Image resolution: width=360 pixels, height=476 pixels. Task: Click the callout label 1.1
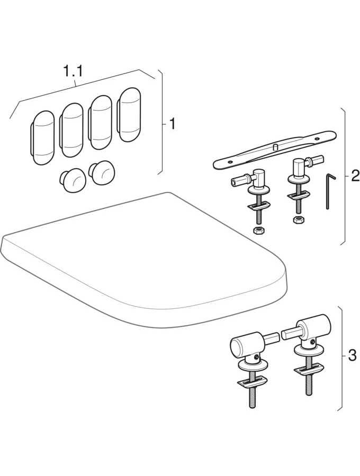(73, 71)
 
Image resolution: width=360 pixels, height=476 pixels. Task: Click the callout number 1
(172, 124)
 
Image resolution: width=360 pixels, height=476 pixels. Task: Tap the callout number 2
(355, 176)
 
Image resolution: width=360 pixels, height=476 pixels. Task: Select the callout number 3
(352, 355)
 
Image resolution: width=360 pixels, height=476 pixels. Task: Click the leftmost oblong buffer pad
(42, 138)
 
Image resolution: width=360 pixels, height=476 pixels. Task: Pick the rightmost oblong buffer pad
(129, 115)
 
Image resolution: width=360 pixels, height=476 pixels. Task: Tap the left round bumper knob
(73, 181)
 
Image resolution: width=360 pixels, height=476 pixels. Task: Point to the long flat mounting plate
(275, 149)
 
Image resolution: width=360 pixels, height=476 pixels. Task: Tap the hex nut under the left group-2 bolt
(258, 231)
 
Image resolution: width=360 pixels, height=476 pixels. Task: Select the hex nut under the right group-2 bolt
(297, 220)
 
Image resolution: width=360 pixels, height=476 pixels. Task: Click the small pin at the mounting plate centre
(275, 147)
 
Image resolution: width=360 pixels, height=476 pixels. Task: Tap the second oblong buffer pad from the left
(71, 130)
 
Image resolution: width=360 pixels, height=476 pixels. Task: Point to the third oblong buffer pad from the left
(100, 122)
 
